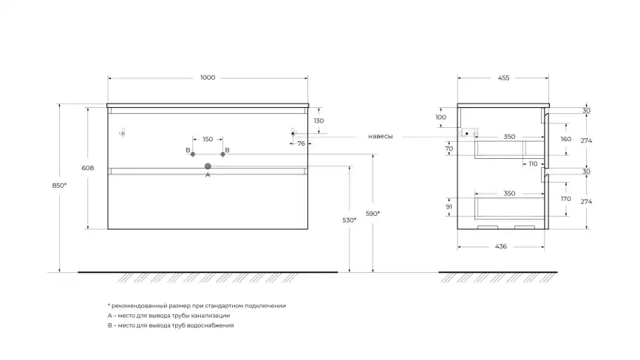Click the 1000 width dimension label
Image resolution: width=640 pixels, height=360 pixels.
click(x=208, y=78)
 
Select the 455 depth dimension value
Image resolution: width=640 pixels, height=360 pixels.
click(x=503, y=78)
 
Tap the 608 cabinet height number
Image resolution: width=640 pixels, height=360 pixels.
click(x=87, y=169)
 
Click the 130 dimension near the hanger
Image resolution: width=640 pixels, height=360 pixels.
click(x=319, y=120)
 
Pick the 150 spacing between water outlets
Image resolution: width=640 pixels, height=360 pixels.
click(x=208, y=139)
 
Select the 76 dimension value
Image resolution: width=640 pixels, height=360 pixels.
click(x=302, y=144)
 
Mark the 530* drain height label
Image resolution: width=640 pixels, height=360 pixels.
click(x=350, y=220)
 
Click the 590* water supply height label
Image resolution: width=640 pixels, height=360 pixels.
click(x=374, y=214)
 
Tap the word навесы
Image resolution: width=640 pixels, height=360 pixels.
click(x=380, y=137)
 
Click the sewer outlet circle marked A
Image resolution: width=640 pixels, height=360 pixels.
click(x=208, y=166)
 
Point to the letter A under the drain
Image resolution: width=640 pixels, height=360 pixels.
click(x=208, y=175)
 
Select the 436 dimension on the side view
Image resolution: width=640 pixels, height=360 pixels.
click(x=500, y=246)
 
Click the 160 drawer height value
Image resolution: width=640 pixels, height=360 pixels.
click(x=566, y=139)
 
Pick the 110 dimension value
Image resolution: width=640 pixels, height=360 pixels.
click(x=532, y=164)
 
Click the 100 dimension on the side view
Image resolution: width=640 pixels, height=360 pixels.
click(x=441, y=117)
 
